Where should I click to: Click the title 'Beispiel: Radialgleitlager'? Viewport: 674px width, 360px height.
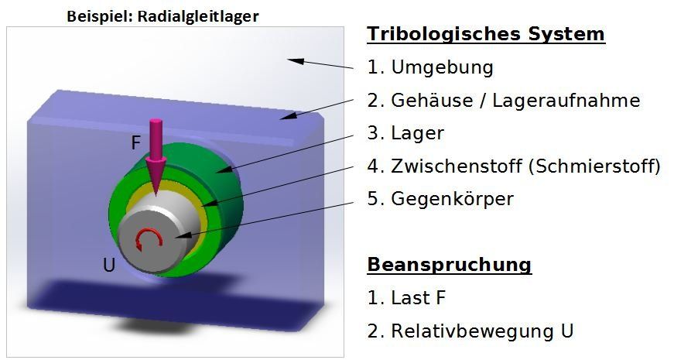[x=163, y=16]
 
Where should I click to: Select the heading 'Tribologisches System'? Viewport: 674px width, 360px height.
[x=486, y=33]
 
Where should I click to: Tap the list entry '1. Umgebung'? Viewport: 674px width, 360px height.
[x=430, y=67]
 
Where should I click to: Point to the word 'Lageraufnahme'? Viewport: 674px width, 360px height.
[x=566, y=101]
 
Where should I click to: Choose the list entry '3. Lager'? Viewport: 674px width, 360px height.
[x=405, y=133]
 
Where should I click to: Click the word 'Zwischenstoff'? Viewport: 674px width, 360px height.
[x=457, y=166]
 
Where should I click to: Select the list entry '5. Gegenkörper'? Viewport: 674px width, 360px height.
[x=440, y=199]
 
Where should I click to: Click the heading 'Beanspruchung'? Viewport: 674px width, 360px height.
[x=449, y=265]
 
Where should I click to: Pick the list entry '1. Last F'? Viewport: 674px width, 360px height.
[x=406, y=297]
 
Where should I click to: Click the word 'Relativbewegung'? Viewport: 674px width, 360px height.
[x=473, y=331]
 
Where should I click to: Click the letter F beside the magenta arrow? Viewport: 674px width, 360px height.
[x=136, y=142]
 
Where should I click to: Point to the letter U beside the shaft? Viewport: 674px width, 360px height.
[x=109, y=266]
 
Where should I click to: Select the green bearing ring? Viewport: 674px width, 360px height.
[x=226, y=185]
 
